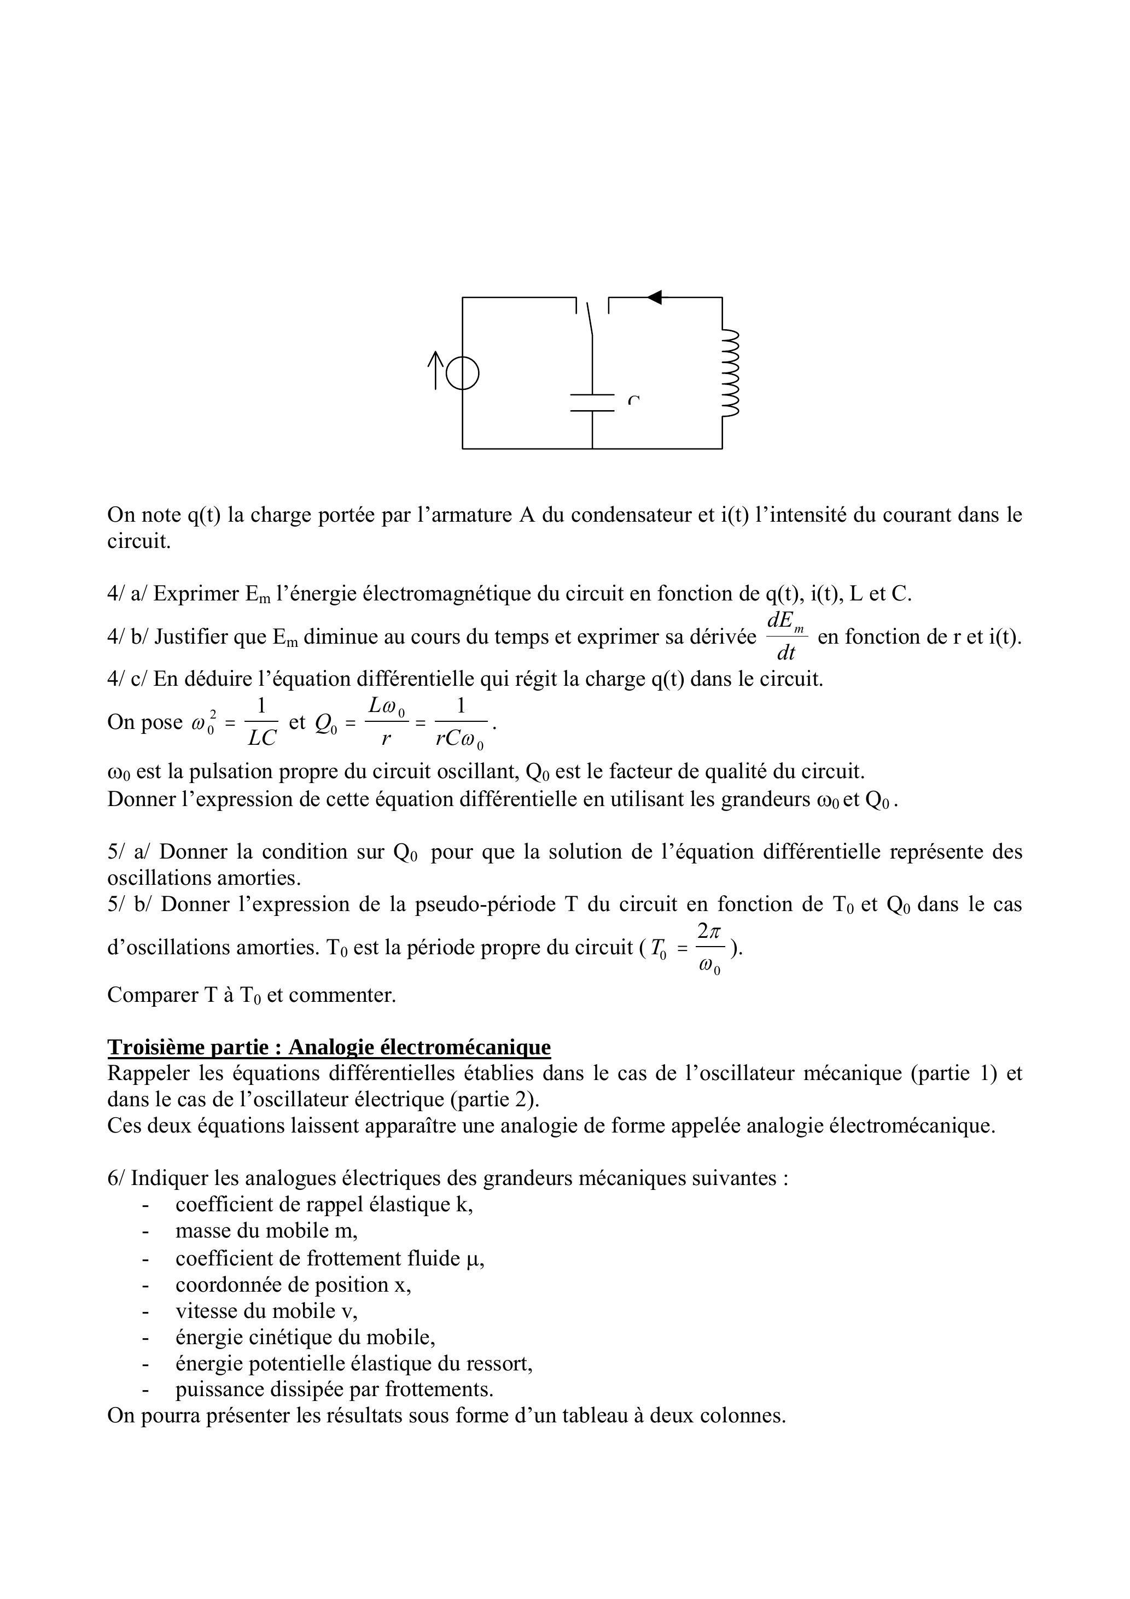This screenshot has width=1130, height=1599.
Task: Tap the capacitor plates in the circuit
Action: (592, 402)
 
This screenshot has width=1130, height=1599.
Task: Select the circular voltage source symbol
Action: (463, 372)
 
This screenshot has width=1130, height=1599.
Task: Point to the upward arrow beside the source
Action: (436, 370)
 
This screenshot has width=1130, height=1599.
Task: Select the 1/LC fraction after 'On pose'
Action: (262, 722)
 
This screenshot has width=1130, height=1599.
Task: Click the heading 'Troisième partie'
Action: (329, 1047)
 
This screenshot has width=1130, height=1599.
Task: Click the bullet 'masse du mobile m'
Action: (266, 1230)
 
